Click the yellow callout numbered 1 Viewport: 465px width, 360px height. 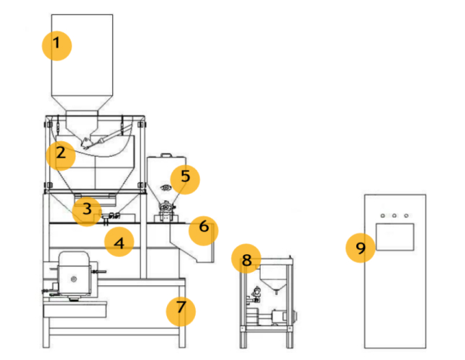click(x=57, y=46)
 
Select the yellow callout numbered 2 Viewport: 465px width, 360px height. click(x=60, y=156)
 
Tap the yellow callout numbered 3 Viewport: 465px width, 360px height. click(x=87, y=212)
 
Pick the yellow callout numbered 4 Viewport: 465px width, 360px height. click(x=119, y=242)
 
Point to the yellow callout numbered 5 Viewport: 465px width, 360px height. click(x=185, y=180)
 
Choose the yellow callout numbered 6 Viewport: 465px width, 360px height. click(x=204, y=230)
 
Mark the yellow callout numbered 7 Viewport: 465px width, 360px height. click(x=181, y=312)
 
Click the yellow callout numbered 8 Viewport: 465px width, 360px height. click(x=246, y=259)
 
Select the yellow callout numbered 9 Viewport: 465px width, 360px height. click(x=361, y=248)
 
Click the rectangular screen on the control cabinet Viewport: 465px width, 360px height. click(x=394, y=237)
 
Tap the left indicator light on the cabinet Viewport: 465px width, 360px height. click(x=383, y=215)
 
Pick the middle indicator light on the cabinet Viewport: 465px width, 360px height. click(x=394, y=215)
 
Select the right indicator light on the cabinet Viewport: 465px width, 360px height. click(x=406, y=215)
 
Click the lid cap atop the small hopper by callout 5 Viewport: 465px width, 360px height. click(x=166, y=155)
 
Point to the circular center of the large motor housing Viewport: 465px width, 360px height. click(x=74, y=279)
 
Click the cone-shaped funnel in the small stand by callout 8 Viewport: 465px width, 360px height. click(x=274, y=278)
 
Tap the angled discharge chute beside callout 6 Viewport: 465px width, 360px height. click(x=192, y=243)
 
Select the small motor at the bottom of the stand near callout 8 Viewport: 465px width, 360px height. click(x=279, y=316)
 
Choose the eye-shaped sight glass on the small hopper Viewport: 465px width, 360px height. click(x=166, y=187)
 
